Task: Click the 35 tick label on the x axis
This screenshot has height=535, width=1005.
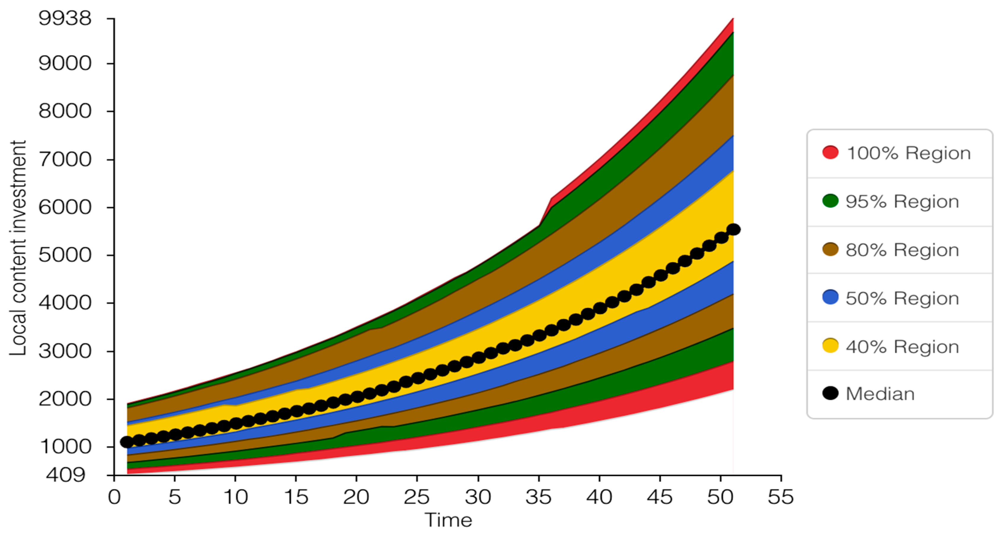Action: click(x=538, y=497)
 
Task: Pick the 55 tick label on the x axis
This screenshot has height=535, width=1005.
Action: click(x=781, y=497)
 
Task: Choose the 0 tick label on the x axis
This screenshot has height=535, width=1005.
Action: click(x=114, y=497)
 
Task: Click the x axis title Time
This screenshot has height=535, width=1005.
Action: click(x=448, y=520)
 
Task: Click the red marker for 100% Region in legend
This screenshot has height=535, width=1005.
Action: click(x=830, y=152)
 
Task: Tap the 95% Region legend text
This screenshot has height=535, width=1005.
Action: click(x=902, y=201)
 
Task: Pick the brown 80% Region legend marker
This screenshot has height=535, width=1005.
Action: click(x=830, y=249)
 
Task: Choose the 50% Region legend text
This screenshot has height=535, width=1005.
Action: click(x=902, y=298)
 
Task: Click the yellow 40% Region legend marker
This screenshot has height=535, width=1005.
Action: click(x=830, y=346)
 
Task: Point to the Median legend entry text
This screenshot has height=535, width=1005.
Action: click(x=880, y=394)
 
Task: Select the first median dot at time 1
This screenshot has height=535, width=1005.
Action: click(x=127, y=442)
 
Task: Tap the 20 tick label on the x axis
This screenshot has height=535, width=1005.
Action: click(x=356, y=497)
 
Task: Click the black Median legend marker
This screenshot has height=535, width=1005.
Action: click(x=830, y=393)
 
